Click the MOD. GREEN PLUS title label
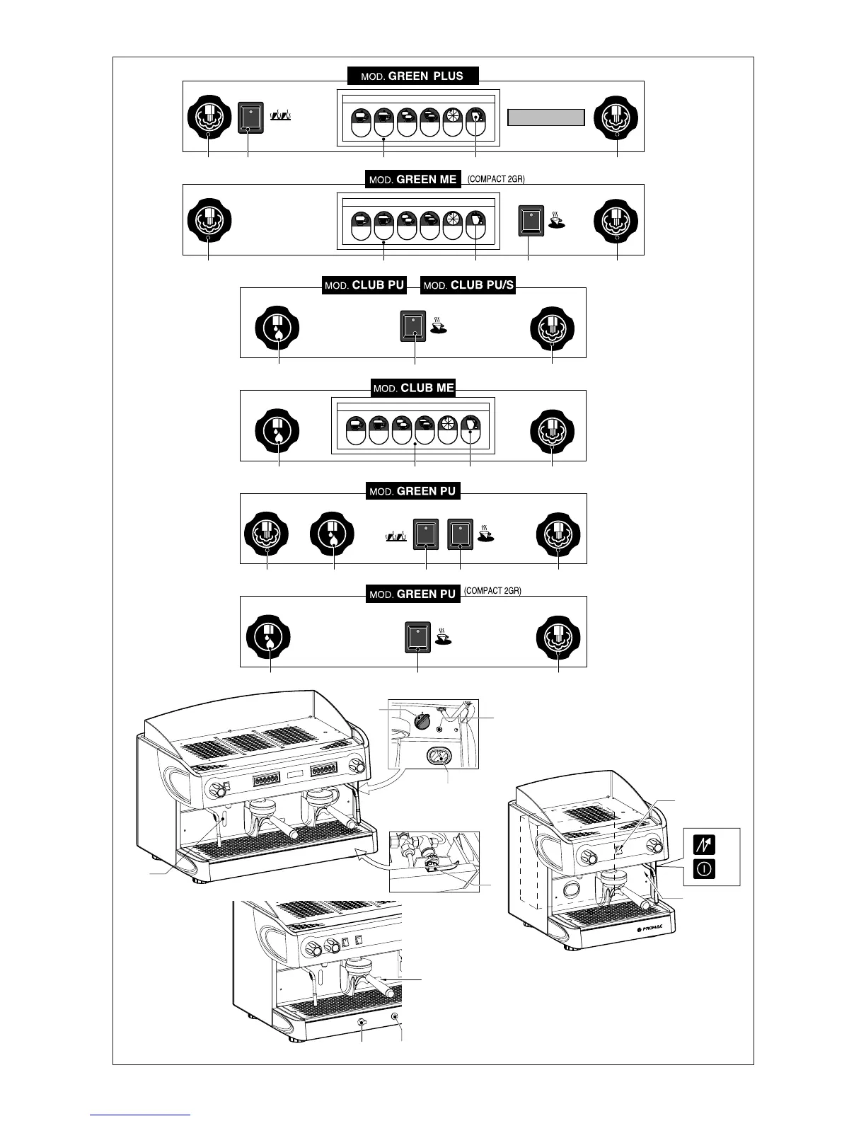click(412, 76)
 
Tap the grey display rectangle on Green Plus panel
click(546, 117)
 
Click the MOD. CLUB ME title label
click(414, 388)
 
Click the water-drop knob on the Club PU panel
click(277, 328)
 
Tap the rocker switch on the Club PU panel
click(413, 326)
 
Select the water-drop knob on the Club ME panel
click(277, 430)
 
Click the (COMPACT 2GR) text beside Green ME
click(496, 180)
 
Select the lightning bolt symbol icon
click(705, 844)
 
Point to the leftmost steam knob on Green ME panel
click(209, 220)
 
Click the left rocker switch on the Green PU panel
click(425, 534)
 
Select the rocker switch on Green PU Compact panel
click(417, 636)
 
